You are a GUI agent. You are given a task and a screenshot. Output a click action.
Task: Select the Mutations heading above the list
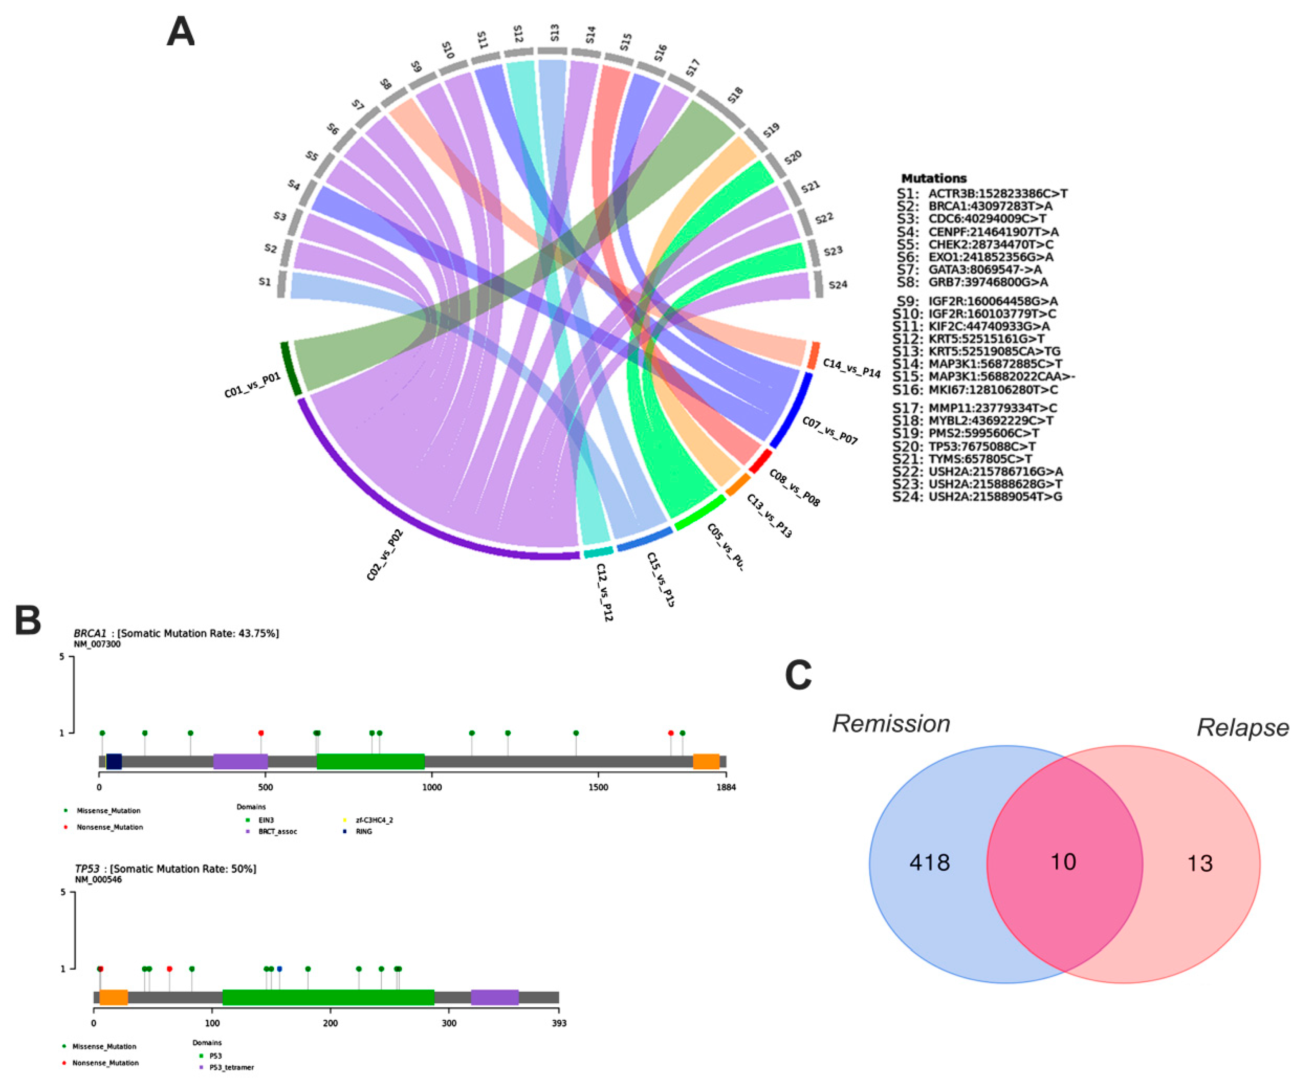[934, 179]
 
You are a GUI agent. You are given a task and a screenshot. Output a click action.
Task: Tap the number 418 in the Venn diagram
[929, 862]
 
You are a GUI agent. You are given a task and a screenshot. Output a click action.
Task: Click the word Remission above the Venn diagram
[891, 724]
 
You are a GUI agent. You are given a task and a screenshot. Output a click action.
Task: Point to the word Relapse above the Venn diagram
[1242, 728]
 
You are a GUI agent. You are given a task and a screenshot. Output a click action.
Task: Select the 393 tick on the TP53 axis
[559, 1023]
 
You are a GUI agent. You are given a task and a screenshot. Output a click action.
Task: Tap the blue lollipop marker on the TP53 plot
[279, 968]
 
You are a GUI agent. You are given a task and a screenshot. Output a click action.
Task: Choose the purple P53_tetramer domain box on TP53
[494, 997]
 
